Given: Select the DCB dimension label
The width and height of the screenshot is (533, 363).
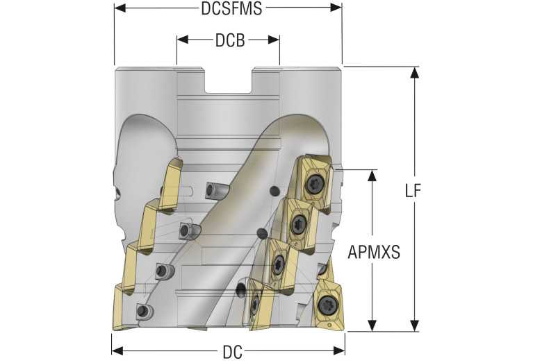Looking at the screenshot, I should point(229,40).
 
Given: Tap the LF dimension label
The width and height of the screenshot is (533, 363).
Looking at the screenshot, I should point(413,191).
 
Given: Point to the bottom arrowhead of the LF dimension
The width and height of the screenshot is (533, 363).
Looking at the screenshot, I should point(415,326).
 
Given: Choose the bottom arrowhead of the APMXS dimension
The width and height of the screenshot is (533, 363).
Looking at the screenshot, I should point(374,326).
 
